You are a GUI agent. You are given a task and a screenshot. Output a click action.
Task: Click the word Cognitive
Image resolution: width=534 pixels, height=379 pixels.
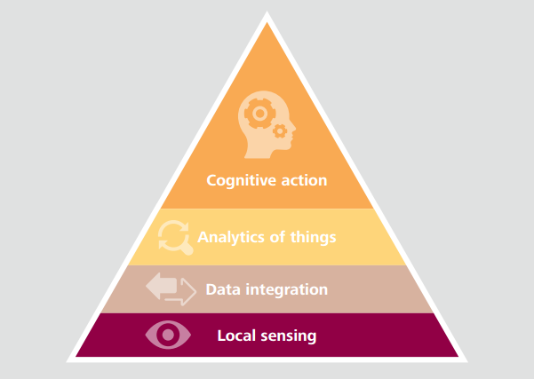pos(237,181)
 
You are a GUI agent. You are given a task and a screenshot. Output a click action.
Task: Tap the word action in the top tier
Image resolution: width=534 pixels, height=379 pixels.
pos(304,180)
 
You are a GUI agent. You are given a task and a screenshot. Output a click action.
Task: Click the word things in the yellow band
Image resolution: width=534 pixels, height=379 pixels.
pos(313,238)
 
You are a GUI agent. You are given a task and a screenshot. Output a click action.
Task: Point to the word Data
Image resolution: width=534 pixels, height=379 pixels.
pos(223,289)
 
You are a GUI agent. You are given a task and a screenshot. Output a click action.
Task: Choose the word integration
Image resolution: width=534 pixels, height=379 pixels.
pos(286,290)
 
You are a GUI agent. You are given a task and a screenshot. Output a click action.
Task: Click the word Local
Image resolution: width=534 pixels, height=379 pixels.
pos(236,336)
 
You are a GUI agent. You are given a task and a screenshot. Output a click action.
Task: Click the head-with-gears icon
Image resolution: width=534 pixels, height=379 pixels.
pos(267,124)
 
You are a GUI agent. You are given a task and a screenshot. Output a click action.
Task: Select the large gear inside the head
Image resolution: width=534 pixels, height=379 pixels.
pos(259,114)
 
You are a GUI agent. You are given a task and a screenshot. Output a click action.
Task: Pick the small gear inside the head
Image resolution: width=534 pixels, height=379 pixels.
pos(280,131)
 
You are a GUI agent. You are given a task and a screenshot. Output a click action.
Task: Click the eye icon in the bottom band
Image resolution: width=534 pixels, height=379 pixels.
pos(168,335)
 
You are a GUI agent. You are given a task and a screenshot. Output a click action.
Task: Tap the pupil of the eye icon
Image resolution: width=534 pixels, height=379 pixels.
pos(168,335)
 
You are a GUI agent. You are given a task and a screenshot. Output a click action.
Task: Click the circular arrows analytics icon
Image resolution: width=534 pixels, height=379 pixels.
pos(174,237)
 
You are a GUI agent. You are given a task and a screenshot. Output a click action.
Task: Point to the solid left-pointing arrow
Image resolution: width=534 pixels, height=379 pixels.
pos(161,286)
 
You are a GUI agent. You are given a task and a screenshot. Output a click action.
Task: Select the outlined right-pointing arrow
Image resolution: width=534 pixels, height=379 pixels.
pos(181,292)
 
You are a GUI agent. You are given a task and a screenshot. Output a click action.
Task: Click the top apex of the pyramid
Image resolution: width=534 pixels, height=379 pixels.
pos(267,11)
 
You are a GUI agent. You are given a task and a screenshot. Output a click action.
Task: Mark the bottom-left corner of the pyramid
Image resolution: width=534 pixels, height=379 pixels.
pos(67,362)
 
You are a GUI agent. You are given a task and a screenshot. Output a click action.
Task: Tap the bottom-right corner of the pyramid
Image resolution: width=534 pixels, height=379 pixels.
pos(467,362)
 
